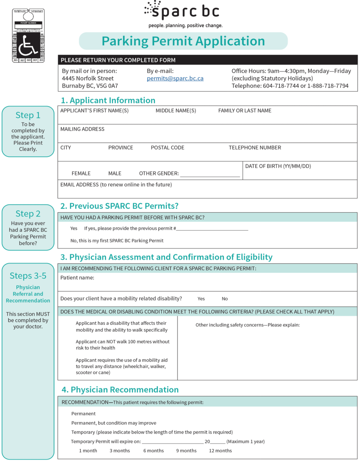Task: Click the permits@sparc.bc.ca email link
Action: pyautogui.click(x=175, y=78)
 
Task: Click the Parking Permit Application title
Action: pyautogui.click(x=183, y=41)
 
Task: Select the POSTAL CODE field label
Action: pyautogui.click(x=167, y=148)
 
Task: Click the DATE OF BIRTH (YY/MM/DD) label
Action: pyautogui.click(x=278, y=166)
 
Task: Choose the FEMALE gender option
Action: pyautogui.click(x=81, y=174)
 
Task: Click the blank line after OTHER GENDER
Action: pyautogui.click(x=210, y=174)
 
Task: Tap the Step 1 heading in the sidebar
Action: pyautogui.click(x=28, y=115)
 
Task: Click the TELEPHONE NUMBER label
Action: pyautogui.click(x=255, y=148)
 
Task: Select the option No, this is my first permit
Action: pyautogui.click(x=117, y=241)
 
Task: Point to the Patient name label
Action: pyautogui.click(x=77, y=278)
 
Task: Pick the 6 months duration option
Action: pyautogui.click(x=154, y=451)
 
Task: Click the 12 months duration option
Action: pyautogui.click(x=220, y=451)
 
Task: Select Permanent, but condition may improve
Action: pyautogui.click(x=114, y=423)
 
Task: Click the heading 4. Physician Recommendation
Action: pyautogui.click(x=120, y=390)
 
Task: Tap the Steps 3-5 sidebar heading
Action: pyautogui.click(x=28, y=276)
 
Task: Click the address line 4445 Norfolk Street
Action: pyautogui.click(x=88, y=78)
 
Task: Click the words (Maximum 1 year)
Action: pyautogui.click(x=246, y=442)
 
